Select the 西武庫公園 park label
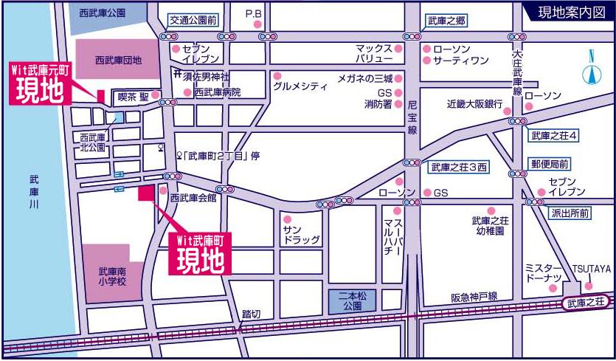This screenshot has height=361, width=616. [x=102, y=13]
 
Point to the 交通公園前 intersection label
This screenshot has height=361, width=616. [x=194, y=19]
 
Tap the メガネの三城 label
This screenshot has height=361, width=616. [x=364, y=78]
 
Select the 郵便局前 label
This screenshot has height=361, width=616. [x=549, y=164]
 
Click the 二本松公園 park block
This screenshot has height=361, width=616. [x=347, y=300]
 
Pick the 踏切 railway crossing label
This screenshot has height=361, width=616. [x=251, y=314]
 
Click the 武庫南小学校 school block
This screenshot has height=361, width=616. [x=112, y=274]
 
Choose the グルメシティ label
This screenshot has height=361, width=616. [x=300, y=86]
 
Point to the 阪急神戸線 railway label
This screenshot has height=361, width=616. [x=474, y=297]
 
